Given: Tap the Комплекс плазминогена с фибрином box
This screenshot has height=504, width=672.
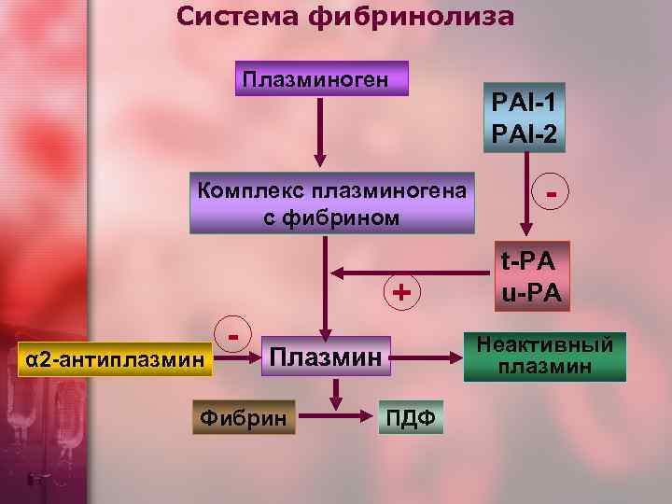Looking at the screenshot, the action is pos(331,202).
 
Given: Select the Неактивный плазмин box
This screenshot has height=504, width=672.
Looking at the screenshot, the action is pos(545,355).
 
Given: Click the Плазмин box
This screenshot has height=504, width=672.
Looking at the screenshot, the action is pos(326,356).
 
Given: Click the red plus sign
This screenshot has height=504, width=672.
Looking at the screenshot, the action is pos(401,292).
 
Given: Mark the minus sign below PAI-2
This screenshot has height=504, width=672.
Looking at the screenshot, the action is pos(553,192).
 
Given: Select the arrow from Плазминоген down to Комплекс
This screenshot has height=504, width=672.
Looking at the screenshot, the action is pos(320,131).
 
